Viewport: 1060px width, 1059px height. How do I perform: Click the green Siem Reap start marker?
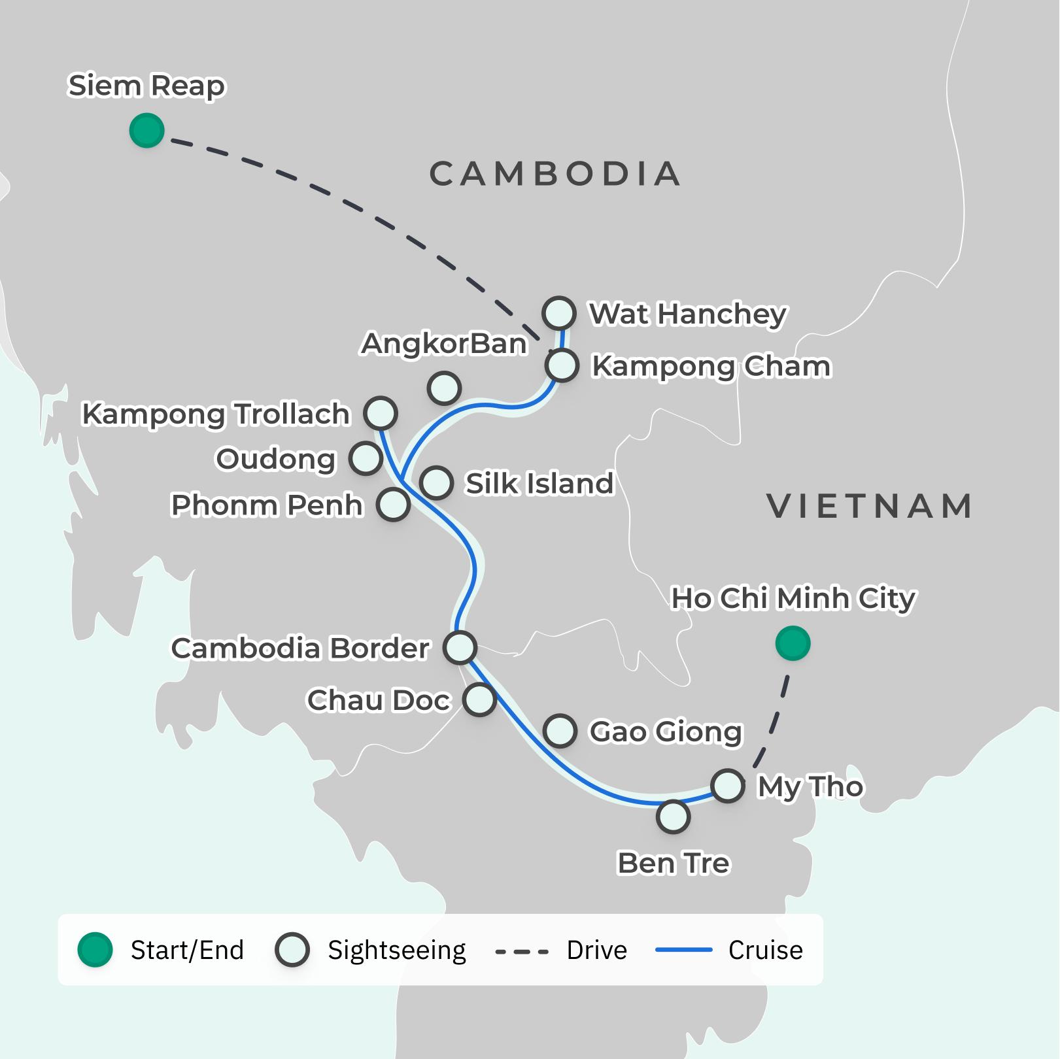(x=146, y=130)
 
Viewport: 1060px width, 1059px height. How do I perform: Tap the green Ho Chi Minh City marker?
(x=793, y=643)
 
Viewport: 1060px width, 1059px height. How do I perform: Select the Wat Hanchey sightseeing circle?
(x=559, y=313)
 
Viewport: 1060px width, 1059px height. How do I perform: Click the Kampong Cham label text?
(x=711, y=367)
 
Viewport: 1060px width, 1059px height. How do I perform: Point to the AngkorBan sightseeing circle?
(x=444, y=388)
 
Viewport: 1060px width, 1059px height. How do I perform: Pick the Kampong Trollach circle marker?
(x=381, y=413)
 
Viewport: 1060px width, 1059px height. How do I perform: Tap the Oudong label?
(x=275, y=459)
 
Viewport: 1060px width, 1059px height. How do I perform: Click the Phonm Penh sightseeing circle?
(x=393, y=505)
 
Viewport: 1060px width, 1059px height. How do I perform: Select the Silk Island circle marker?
(x=436, y=483)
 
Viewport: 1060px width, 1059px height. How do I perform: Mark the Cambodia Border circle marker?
(x=460, y=647)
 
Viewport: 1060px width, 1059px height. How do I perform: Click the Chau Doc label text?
(x=379, y=700)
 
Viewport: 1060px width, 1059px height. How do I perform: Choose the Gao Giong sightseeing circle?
(x=560, y=730)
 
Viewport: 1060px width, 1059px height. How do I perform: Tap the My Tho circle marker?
(x=728, y=785)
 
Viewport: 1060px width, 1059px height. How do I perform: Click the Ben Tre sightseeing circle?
(x=673, y=816)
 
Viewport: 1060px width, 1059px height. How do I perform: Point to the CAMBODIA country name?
(x=555, y=174)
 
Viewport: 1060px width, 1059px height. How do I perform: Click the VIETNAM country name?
(x=869, y=507)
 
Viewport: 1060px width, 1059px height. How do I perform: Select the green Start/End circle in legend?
(x=95, y=950)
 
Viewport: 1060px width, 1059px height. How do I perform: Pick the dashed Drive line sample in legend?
(x=522, y=951)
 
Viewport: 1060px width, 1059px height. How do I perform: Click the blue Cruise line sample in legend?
(x=683, y=950)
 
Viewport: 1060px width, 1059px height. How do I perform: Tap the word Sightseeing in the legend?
(x=396, y=950)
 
